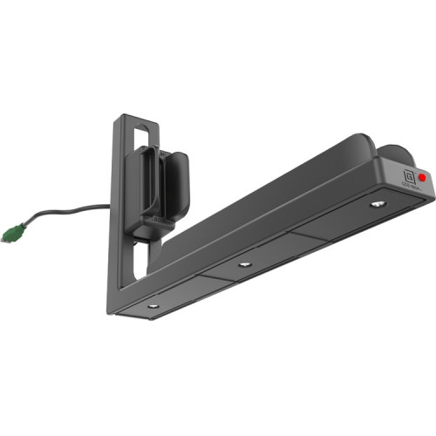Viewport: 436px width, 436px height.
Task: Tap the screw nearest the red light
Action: [x=376, y=204]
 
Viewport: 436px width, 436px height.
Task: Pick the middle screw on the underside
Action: [x=245, y=263]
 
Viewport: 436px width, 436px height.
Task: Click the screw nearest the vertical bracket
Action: [x=153, y=305]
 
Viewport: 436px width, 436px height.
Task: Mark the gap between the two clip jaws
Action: [x=162, y=174]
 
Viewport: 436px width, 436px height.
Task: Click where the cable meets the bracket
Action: [x=111, y=208]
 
